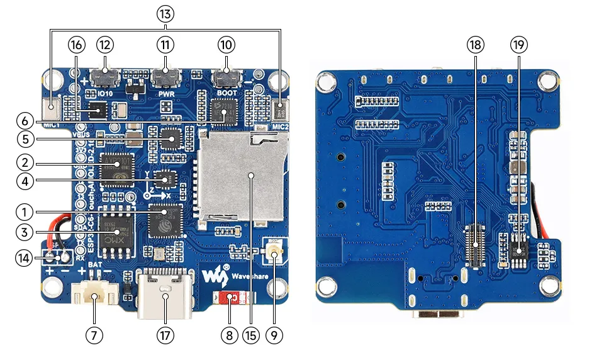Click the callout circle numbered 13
tap(166, 13)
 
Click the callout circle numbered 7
tap(94, 336)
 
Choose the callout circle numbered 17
tap(165, 336)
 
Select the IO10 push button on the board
tap(104, 79)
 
